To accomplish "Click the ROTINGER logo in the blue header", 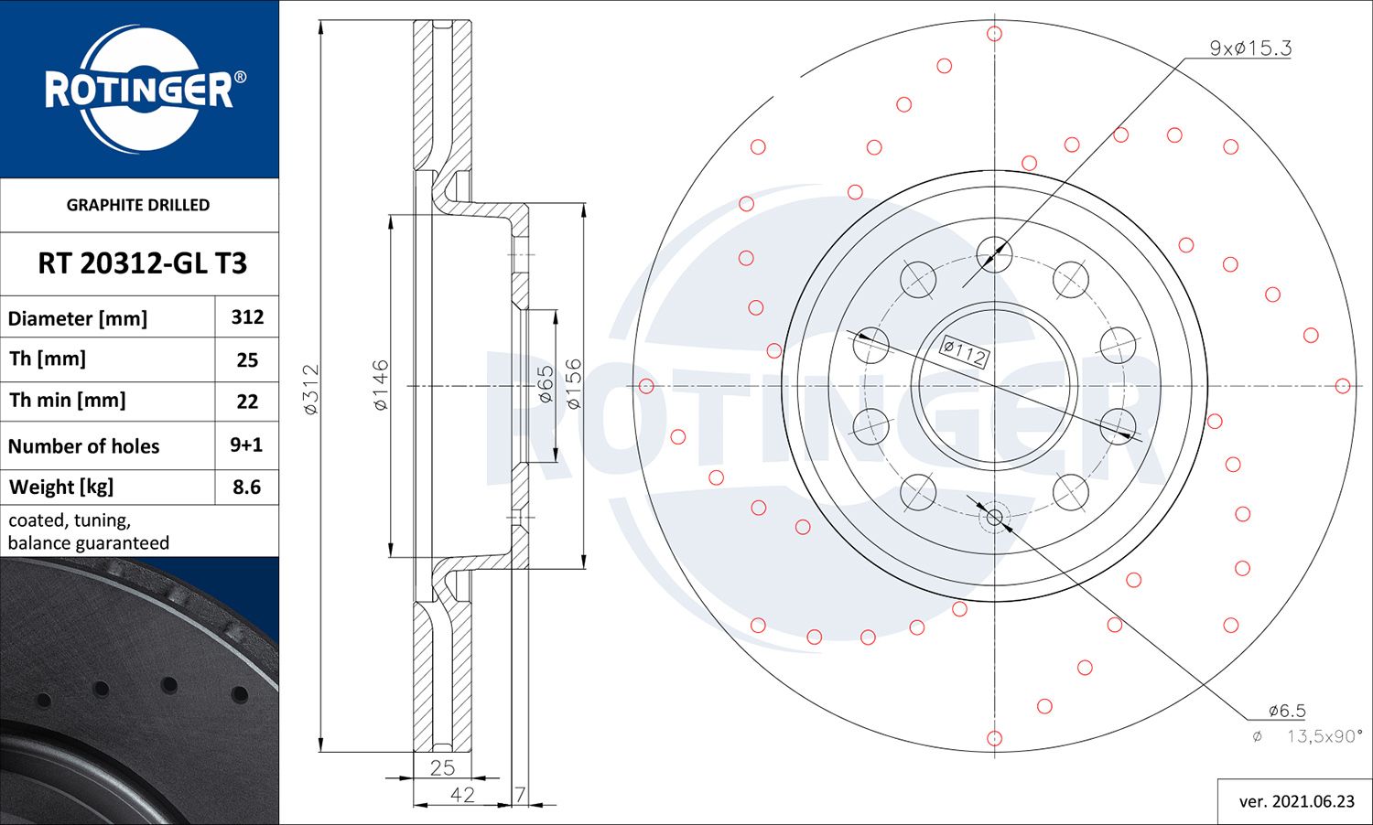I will coord(139,89).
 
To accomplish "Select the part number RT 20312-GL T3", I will coord(142,263).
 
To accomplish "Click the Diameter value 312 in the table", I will coord(247,317).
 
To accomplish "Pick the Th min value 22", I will coord(247,401).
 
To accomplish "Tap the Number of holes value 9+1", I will coord(246,445).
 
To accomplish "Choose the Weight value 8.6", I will coord(246,487).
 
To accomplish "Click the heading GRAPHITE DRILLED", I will coord(138,205).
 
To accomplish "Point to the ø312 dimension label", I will coord(310,390).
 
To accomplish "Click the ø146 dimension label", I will coord(381,385).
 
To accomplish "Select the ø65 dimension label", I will coord(546,385).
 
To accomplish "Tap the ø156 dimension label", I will coord(573,383).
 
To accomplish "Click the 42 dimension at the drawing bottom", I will coord(462,794).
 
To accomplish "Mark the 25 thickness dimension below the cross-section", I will coord(442,767).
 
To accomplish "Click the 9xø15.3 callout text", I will coord(1250,48).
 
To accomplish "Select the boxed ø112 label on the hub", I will coord(965,351).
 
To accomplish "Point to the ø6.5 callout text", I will coord(1286,711).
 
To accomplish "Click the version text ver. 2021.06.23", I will coord(1296,801).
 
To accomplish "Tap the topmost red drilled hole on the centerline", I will coord(995,34).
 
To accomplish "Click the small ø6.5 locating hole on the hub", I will coord(995,518).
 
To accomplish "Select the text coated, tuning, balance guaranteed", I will coord(89,531).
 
